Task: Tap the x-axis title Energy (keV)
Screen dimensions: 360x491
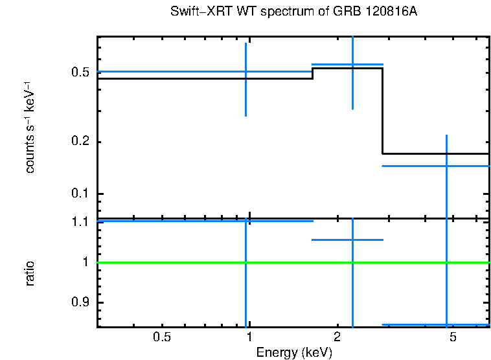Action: (294, 352)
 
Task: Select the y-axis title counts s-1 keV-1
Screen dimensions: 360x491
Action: (30, 127)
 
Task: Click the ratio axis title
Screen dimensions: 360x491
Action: (30, 273)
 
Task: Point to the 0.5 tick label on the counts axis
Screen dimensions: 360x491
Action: (80, 72)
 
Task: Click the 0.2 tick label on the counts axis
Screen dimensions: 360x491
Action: (80, 142)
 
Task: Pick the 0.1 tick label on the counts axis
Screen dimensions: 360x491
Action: (80, 194)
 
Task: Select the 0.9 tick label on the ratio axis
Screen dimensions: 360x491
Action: (80, 303)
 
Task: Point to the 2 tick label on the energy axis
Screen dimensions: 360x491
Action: (337, 338)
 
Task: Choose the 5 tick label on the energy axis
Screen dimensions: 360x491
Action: (453, 338)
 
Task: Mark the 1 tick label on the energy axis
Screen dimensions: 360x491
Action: (249, 338)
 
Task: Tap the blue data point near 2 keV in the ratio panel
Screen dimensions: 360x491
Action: (352, 240)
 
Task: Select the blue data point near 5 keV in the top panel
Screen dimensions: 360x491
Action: (446, 166)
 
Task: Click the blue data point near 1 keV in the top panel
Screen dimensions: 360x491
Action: (245, 71)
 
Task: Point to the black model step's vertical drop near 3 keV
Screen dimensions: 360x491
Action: (382, 110)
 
